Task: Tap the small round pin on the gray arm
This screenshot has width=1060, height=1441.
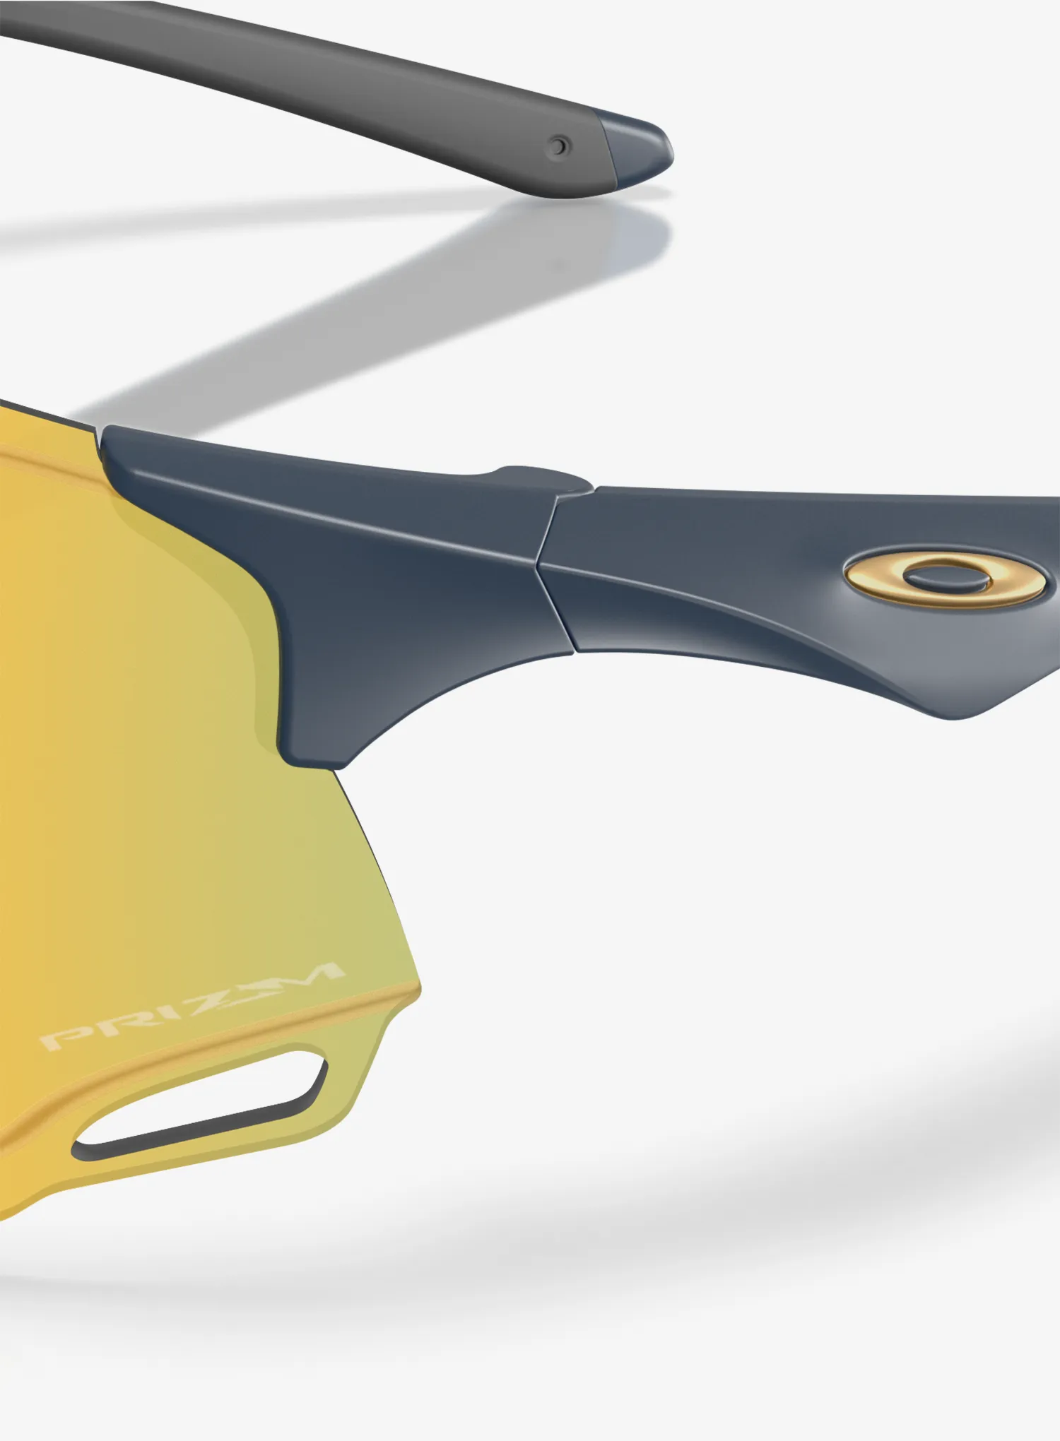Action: (x=560, y=147)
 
